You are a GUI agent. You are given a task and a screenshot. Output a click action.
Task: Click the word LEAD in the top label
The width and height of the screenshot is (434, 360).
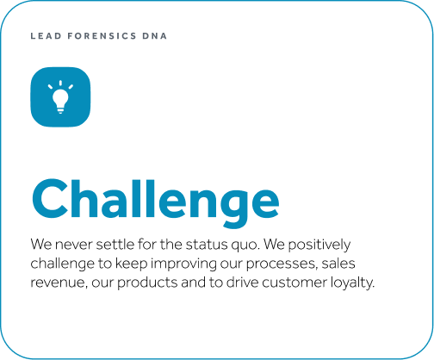click(46, 36)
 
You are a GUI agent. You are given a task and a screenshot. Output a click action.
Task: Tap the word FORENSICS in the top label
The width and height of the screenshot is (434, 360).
click(102, 36)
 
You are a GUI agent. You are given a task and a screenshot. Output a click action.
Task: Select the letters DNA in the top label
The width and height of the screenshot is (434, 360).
click(154, 36)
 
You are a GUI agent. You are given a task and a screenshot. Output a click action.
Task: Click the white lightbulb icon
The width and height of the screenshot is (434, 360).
click(60, 97)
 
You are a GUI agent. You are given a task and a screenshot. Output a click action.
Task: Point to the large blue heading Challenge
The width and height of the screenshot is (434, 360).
click(155, 202)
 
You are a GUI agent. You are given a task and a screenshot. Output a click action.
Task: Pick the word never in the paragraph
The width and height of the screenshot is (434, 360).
click(74, 245)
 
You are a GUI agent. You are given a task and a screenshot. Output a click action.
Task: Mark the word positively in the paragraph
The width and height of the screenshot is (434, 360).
click(319, 245)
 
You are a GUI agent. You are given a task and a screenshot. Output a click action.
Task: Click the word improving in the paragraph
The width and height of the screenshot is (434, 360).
click(183, 264)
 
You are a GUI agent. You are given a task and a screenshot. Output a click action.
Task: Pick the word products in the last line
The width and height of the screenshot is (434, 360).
click(147, 283)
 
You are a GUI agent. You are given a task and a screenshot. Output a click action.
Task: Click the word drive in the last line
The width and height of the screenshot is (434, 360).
click(243, 282)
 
